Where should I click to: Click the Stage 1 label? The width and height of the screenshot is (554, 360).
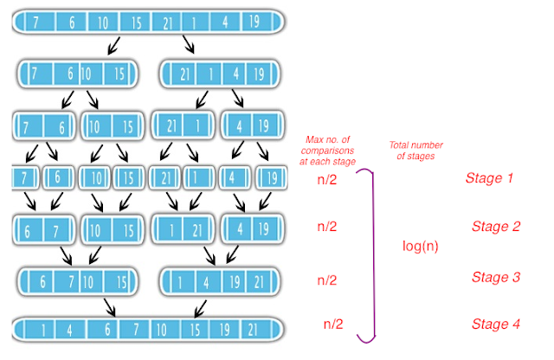pos(489,177)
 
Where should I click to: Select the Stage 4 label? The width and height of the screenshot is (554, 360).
pos(496,324)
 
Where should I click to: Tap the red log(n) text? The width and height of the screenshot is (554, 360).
pos(420,246)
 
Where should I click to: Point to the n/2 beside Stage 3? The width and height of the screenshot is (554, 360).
pos(327,280)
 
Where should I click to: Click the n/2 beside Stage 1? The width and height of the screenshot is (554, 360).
pos(327,179)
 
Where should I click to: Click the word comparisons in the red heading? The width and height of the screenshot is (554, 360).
pos(327,151)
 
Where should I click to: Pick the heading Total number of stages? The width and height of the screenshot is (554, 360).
pos(415,151)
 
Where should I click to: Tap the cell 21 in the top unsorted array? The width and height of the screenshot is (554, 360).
pos(167,22)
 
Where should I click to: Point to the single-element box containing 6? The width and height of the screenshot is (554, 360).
pos(58,177)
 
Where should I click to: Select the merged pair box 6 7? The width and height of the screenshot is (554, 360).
pos(44,230)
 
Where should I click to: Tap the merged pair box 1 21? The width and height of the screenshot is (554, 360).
pos(183,230)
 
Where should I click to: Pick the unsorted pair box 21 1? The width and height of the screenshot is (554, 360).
pos(183,125)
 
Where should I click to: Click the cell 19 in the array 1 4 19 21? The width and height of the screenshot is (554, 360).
pos(234,282)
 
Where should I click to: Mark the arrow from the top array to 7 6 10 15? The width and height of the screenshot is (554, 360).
pos(113,46)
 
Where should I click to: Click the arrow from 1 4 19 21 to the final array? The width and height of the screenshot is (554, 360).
pos(200,309)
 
